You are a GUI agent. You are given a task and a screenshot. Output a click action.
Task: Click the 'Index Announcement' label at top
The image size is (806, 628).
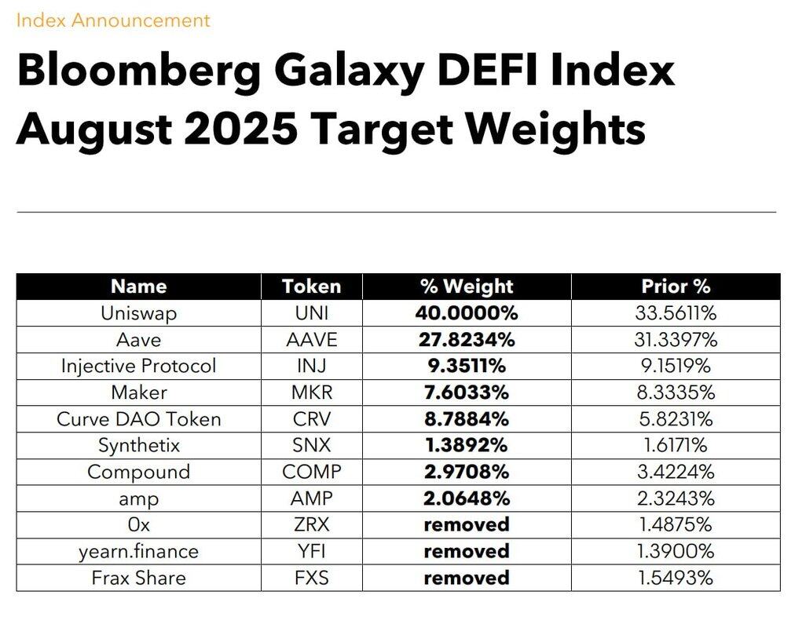[113, 20]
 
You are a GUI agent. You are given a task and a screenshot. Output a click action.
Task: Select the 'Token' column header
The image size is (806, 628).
[311, 287]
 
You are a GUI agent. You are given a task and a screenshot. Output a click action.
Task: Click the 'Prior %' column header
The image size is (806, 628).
[676, 287]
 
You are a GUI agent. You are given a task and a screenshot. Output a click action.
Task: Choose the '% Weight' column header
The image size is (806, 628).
[467, 287]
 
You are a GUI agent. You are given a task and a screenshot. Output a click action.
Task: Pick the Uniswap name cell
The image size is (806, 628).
[139, 313]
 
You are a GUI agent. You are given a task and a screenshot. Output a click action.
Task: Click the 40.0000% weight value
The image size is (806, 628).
[467, 313]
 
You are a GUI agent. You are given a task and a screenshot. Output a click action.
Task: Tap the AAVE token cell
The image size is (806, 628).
[311, 340]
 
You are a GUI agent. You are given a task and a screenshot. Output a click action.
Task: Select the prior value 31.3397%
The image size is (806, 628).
[676, 340]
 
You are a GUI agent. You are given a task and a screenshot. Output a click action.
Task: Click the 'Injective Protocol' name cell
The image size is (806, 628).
[139, 366]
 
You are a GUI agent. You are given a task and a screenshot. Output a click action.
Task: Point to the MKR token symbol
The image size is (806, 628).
[311, 392]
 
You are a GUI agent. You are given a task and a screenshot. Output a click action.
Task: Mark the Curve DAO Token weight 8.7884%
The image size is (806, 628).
[467, 419]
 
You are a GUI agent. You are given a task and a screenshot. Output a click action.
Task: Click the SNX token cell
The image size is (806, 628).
[311, 445]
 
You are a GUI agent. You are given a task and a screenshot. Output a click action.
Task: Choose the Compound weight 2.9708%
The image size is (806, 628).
[467, 472]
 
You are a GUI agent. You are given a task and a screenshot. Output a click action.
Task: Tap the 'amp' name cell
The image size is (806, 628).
[139, 498]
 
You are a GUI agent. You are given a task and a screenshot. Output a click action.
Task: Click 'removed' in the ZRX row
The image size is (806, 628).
[467, 524]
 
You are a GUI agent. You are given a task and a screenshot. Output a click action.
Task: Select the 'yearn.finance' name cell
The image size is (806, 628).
[139, 551]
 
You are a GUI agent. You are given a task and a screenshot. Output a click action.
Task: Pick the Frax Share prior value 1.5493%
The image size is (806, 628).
[676, 578]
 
